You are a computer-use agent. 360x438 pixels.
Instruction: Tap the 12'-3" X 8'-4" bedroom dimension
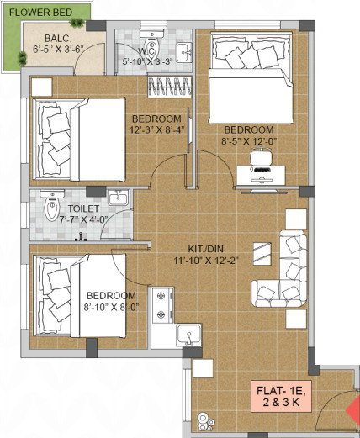coord(156,129)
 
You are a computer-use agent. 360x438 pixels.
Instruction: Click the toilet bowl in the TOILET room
coord(51,205)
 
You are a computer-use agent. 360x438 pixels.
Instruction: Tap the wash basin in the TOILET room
coord(119,199)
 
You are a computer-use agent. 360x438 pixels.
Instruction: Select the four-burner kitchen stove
coord(161,306)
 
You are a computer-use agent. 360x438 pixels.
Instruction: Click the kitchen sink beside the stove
coord(189,335)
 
